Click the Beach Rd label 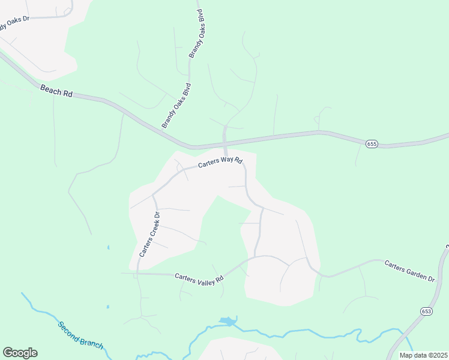point(56,91)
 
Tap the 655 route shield point(372,143)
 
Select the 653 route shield point(426,311)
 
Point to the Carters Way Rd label point(220,162)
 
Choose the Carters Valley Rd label point(199,278)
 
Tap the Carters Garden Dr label point(409,271)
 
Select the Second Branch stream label point(80,335)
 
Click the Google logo point(20,353)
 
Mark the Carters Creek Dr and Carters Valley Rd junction point(137,274)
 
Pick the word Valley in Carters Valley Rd point(203,278)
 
